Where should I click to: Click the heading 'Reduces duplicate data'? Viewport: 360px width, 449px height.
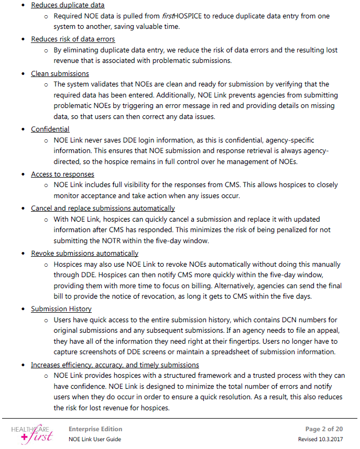click(x=68, y=5)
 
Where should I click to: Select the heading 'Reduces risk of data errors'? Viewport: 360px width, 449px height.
click(x=73, y=39)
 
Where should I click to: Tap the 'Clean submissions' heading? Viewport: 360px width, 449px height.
click(x=60, y=73)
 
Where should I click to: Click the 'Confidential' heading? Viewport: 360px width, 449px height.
click(x=50, y=129)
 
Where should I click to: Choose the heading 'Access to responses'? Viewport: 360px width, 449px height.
click(x=62, y=174)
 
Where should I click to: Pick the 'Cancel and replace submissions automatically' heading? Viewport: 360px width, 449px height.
click(x=103, y=208)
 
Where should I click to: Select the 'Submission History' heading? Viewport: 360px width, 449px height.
click(x=61, y=309)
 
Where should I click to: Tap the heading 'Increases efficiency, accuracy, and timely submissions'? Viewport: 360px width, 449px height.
click(x=115, y=365)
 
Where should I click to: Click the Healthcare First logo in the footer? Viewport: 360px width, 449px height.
click(x=32, y=433)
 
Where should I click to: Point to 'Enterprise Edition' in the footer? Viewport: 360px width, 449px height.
click(x=95, y=429)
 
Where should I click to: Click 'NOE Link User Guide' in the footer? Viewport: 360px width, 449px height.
click(x=94, y=439)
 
